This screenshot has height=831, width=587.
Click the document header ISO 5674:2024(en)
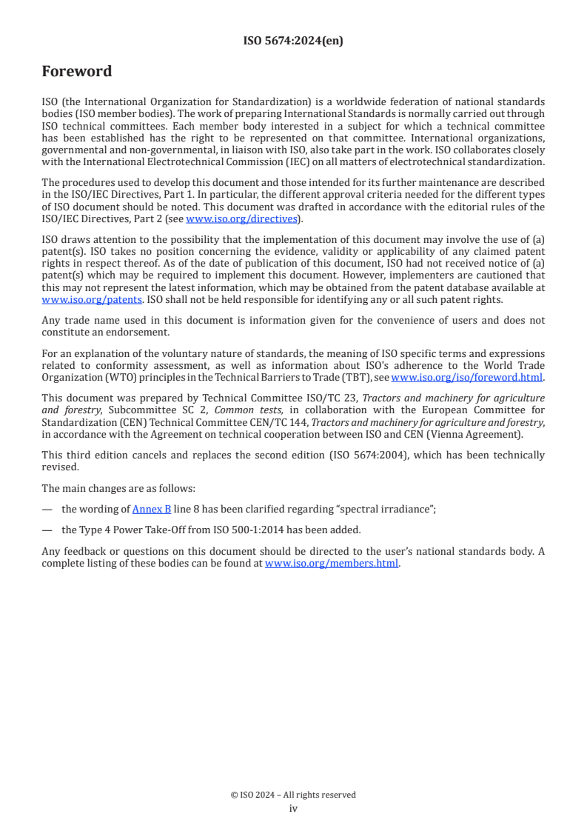pyautogui.click(x=293, y=41)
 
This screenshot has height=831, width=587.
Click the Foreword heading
pyautogui.click(x=77, y=72)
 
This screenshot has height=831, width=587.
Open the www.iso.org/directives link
pyautogui.click(x=241, y=219)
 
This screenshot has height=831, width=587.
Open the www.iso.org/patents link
pyautogui.click(x=72, y=300)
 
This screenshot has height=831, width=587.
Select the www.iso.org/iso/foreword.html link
pyautogui.click(x=467, y=378)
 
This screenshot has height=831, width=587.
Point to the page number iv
pyautogui.click(x=293, y=809)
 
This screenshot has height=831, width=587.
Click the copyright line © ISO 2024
pyautogui.click(x=293, y=795)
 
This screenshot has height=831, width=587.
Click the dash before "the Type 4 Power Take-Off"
pyautogui.click(x=47, y=530)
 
